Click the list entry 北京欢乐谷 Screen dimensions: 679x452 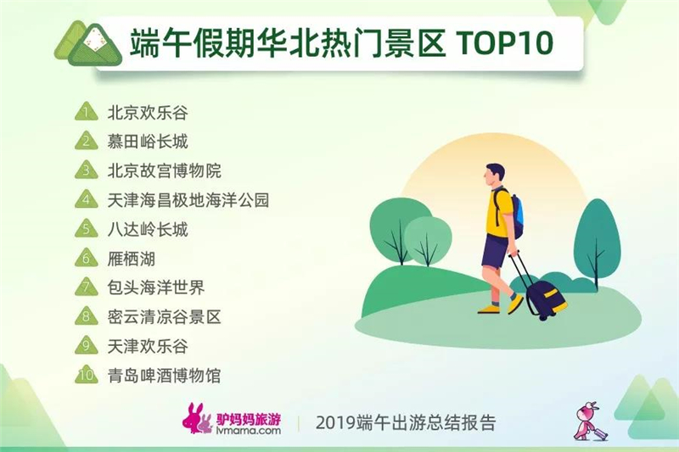148,113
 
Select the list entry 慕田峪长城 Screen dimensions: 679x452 148,142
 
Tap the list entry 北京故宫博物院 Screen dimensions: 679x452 164,170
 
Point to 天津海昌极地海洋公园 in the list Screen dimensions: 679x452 188,200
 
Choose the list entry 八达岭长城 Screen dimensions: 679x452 148,229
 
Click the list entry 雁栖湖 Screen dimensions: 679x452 132,259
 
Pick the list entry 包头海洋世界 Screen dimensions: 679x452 156,287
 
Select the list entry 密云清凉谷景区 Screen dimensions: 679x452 164,317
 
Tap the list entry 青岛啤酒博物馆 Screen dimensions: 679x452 164,376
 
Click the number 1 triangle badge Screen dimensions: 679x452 87,112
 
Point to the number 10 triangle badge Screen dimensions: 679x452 87,375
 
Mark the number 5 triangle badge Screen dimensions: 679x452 87,228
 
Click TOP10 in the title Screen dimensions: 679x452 504,42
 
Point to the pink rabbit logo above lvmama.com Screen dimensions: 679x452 197,418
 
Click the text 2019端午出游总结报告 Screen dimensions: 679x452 406,422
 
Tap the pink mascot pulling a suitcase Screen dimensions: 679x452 589,421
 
